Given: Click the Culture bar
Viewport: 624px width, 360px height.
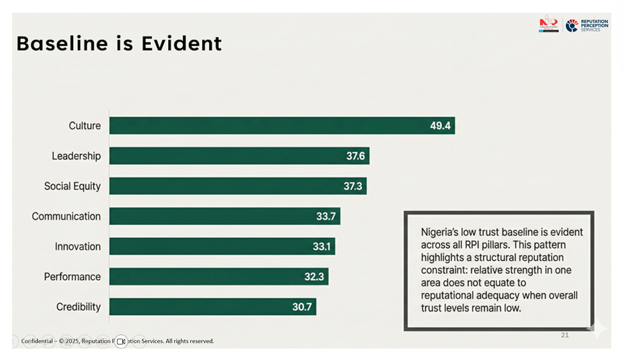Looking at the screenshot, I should [266, 126].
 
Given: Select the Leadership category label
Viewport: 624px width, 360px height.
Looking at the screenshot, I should [76, 156].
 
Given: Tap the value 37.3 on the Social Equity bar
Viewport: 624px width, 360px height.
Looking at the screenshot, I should [353, 186].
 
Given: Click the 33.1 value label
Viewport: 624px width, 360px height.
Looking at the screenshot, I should [322, 247].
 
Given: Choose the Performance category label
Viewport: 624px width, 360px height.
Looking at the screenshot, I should [72, 277].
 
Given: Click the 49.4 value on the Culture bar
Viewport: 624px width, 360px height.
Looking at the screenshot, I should [440, 126].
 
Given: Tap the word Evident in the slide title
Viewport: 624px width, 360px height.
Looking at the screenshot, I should [181, 44].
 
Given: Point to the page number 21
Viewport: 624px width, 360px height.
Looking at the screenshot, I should [565, 335].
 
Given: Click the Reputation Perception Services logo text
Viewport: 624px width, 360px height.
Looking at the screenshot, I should [594, 25].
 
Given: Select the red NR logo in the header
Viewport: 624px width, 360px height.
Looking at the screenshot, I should [548, 24].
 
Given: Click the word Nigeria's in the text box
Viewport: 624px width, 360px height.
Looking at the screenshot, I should [441, 232].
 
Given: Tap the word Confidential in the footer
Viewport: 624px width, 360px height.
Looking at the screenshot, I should [37, 341].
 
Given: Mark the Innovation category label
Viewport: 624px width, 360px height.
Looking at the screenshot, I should [77, 247].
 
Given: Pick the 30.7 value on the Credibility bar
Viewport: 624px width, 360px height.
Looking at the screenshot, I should [302, 307].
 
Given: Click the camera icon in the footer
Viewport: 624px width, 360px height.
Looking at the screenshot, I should [121, 342].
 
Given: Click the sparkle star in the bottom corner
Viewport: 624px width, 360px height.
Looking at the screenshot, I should [597, 329].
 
